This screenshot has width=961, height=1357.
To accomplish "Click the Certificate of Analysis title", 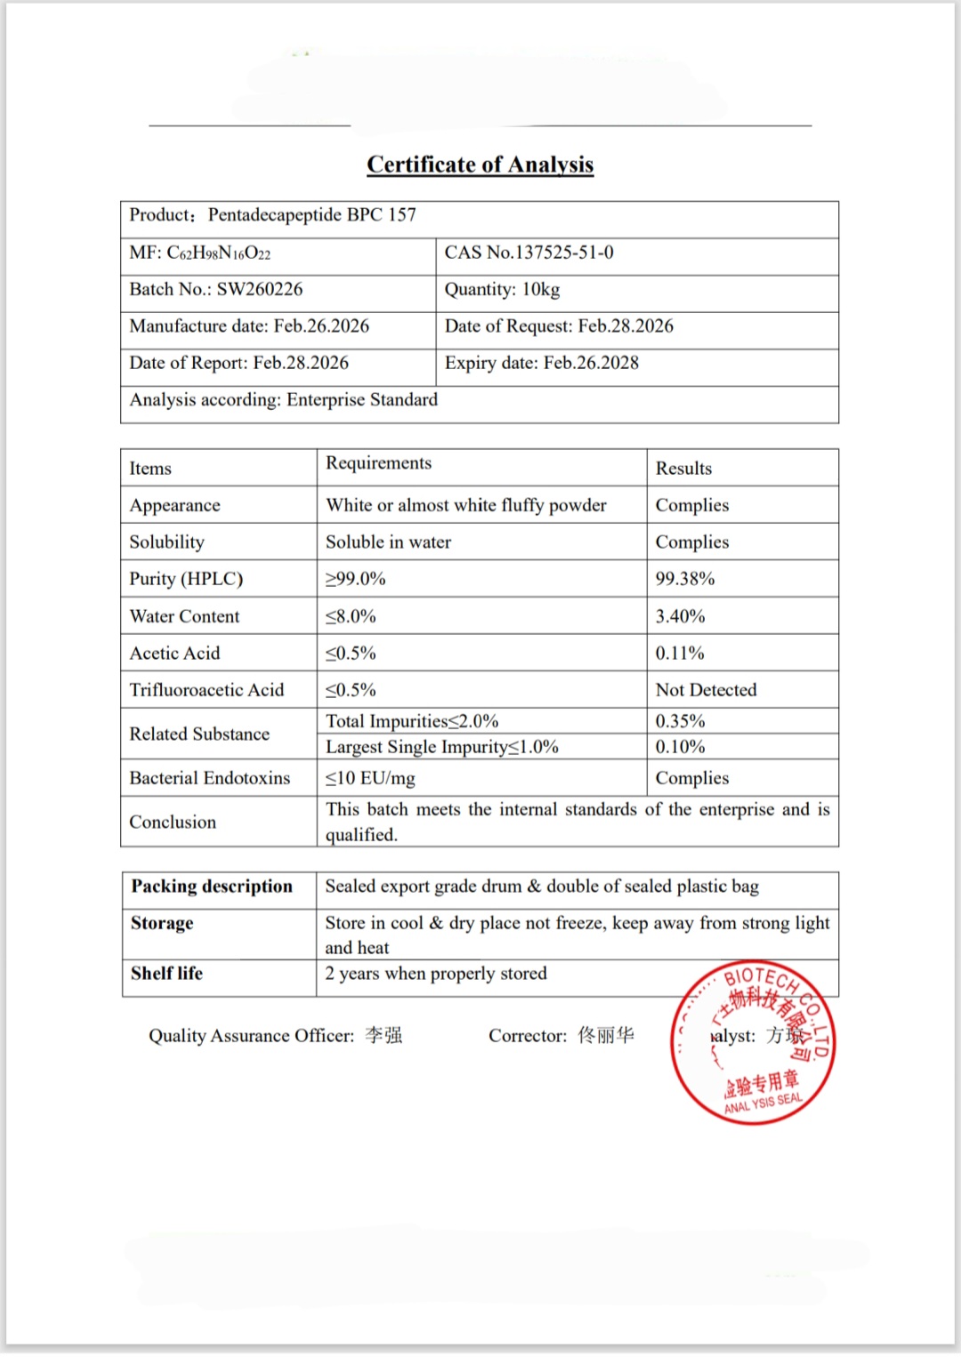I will (x=480, y=165).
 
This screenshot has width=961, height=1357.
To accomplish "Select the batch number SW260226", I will (x=259, y=289).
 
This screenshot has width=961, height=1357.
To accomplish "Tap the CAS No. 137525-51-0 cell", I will (x=529, y=253).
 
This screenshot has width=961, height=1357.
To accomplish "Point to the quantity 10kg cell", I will (x=503, y=289).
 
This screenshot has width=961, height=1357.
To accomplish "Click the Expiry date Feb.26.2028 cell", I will (x=542, y=363).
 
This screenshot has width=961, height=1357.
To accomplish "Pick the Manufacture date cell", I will (x=249, y=326).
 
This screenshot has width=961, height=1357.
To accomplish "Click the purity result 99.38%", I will (x=685, y=579).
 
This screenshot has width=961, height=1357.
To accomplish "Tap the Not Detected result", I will (x=706, y=690).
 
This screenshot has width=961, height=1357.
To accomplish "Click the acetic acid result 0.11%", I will (x=680, y=654).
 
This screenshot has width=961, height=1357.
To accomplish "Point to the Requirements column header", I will (x=378, y=463).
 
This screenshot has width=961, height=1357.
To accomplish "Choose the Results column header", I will (x=683, y=469).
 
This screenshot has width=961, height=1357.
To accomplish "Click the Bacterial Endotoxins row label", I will (x=210, y=778).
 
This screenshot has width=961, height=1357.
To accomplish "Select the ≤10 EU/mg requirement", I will (x=370, y=779).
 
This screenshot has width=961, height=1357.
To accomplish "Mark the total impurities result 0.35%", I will (x=680, y=721).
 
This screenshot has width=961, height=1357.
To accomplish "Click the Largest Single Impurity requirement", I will (x=441, y=747).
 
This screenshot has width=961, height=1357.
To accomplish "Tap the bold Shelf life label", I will (x=166, y=974).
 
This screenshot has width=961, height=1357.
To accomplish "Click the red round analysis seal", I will (x=753, y=1042).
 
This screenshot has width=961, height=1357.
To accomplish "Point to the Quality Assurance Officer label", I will (x=251, y=1036).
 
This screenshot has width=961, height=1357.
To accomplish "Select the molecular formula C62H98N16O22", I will (x=218, y=253).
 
